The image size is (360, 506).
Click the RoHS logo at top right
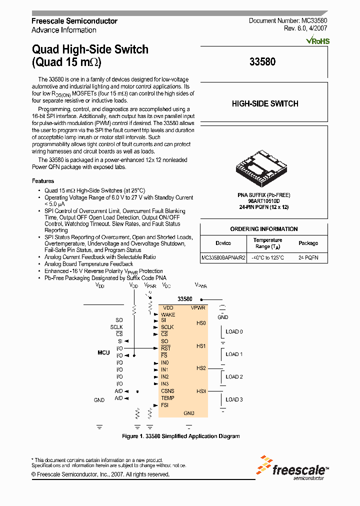tap(317, 40)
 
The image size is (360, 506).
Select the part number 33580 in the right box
tap(262, 62)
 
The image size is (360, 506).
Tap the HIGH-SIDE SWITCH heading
tap(264, 104)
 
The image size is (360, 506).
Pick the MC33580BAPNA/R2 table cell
tap(223, 258)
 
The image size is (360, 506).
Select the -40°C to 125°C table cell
tap(267, 258)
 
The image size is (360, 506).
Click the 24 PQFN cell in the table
tap(308, 258)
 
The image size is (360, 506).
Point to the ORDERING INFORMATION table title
tap(263, 229)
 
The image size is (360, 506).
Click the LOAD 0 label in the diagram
tap(234, 331)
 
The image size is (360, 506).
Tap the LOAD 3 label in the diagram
tap(234, 399)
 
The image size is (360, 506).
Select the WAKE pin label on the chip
tap(168, 314)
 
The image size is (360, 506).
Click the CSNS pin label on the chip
tap(167, 391)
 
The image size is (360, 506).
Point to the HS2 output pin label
tap(201, 368)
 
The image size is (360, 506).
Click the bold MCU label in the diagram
tap(103, 352)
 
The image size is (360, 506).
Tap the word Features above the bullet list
tap(43, 181)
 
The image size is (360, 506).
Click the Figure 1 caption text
tap(180, 436)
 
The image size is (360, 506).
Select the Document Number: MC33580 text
tap(288, 21)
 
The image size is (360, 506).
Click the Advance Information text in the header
tap(64, 30)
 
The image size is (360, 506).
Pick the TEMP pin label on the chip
tap(167, 398)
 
